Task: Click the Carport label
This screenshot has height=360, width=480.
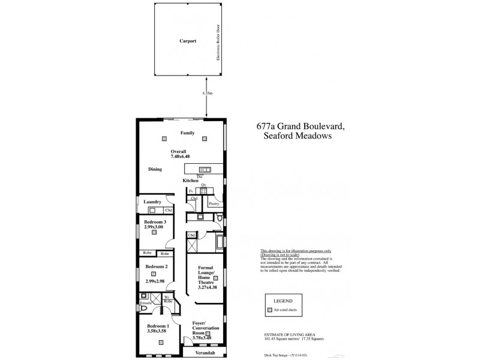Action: click(188, 42)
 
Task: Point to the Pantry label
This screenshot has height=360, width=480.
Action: click(214, 204)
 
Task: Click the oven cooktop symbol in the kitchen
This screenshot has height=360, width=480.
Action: click(203, 191)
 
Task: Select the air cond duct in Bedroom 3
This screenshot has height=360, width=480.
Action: click(154, 232)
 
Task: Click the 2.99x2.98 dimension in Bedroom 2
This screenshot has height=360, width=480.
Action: click(155, 280)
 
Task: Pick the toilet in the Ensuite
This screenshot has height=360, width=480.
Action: click(144, 296)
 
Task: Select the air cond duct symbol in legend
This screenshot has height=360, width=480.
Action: click(270, 310)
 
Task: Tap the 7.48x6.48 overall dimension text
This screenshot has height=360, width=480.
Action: click(179, 156)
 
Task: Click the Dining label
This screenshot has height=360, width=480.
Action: click(155, 170)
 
